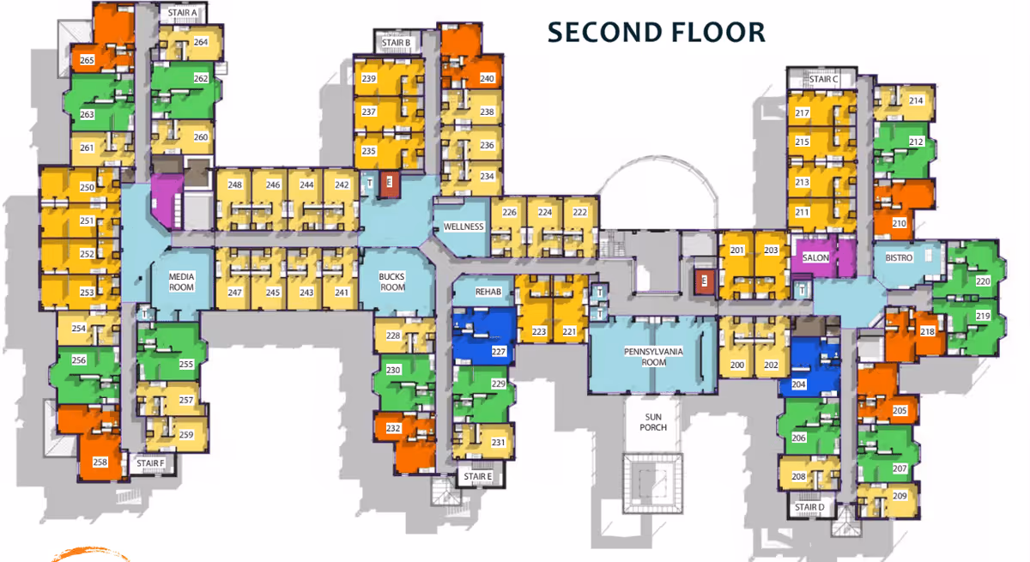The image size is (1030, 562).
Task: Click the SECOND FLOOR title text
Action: pos(657,32)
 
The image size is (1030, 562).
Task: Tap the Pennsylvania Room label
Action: pos(651,357)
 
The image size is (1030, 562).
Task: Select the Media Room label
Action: pos(181,281)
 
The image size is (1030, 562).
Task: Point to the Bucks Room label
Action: pos(392,282)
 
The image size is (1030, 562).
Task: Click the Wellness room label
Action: pos(463,227)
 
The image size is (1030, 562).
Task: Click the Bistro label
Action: pos(898,257)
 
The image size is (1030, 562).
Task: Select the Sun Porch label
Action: pos(654,421)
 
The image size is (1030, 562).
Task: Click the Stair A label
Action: pos(183,13)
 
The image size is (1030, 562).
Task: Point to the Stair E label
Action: pos(477,476)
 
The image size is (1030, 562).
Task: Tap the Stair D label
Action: pos(809,507)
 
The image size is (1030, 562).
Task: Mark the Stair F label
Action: pos(150,463)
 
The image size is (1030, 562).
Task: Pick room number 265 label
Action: pos(88,61)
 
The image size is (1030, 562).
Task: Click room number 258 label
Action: pos(100,462)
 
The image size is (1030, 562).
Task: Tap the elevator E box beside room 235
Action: pos(390,182)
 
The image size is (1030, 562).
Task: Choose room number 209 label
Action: pos(900,496)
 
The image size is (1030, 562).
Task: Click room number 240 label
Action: pos(488,79)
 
